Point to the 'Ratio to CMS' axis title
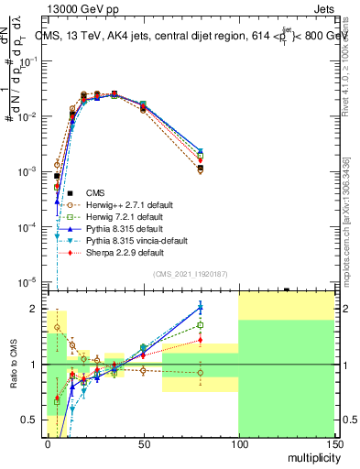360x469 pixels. point(14,365)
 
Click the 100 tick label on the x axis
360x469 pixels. point(238,442)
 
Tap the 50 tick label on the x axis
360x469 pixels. point(143,442)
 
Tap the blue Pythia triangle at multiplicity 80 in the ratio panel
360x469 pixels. point(200,307)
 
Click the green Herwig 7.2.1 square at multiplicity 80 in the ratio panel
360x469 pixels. point(200,324)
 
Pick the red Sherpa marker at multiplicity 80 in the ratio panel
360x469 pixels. point(200,340)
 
